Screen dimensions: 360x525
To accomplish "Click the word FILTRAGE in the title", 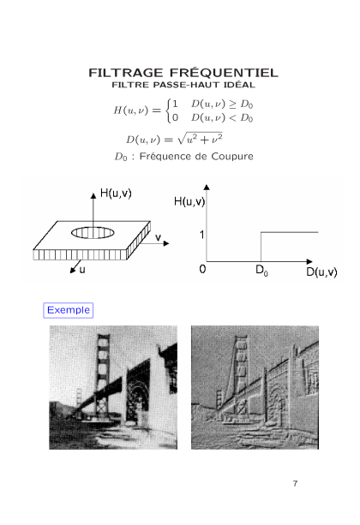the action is click(x=126, y=73).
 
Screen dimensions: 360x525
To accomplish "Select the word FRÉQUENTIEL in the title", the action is click(x=224, y=72).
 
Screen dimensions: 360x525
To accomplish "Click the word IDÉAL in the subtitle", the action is click(x=237, y=85).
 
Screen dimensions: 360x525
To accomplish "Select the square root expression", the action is click(x=200, y=139).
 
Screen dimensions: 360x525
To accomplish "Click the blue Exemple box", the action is click(x=69, y=310).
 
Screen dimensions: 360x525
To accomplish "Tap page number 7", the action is click(x=295, y=484).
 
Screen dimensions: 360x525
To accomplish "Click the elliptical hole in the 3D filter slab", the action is click(x=93, y=232).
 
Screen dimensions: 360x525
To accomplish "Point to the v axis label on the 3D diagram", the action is click(x=158, y=237).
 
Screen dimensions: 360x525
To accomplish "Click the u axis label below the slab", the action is click(x=82, y=270).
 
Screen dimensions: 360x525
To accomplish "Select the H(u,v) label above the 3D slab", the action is click(x=116, y=194).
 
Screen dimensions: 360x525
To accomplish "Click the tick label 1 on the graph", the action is click(x=201, y=235).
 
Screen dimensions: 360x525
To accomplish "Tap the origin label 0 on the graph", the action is click(x=202, y=269).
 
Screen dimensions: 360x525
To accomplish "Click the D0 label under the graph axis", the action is click(x=261, y=270).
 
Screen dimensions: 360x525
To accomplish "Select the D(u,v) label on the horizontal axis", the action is click(x=321, y=271).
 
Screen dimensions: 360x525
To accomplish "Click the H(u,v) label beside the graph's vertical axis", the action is click(x=189, y=201).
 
